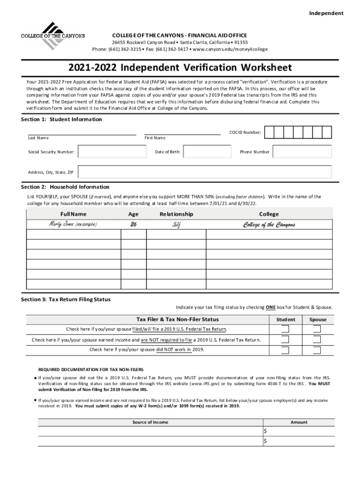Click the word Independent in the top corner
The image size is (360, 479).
326,13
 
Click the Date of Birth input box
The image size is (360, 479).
207,152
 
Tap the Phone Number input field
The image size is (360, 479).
302,152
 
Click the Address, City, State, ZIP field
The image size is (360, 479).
205,172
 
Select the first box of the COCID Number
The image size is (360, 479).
269,132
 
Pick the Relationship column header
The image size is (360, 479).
176,214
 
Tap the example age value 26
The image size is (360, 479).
133,225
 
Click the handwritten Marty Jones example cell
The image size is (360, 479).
73,225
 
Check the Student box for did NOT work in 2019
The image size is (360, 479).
285,350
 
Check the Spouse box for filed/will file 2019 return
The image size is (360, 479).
317,329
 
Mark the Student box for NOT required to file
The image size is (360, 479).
285,340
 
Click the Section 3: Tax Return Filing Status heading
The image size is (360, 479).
66,299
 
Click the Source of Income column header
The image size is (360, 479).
150,422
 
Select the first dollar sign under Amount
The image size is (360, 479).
266,431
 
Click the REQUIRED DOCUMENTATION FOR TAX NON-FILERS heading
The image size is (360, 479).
91,369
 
